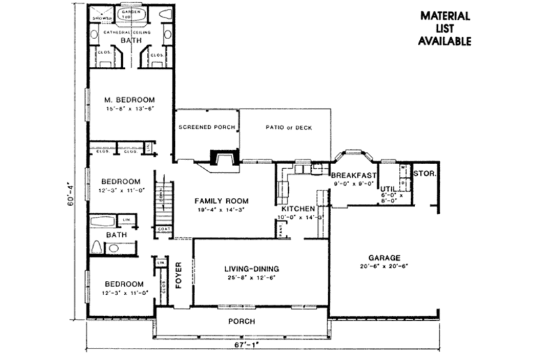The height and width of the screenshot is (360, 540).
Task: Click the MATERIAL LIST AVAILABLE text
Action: [x=445, y=28]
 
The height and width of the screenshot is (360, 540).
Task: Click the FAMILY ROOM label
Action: [x=222, y=201]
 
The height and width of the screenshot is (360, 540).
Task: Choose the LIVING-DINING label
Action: [x=251, y=269]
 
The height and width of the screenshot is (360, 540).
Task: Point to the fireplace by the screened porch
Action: [x=223, y=159]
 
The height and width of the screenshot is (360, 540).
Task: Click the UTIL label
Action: [x=387, y=188]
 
